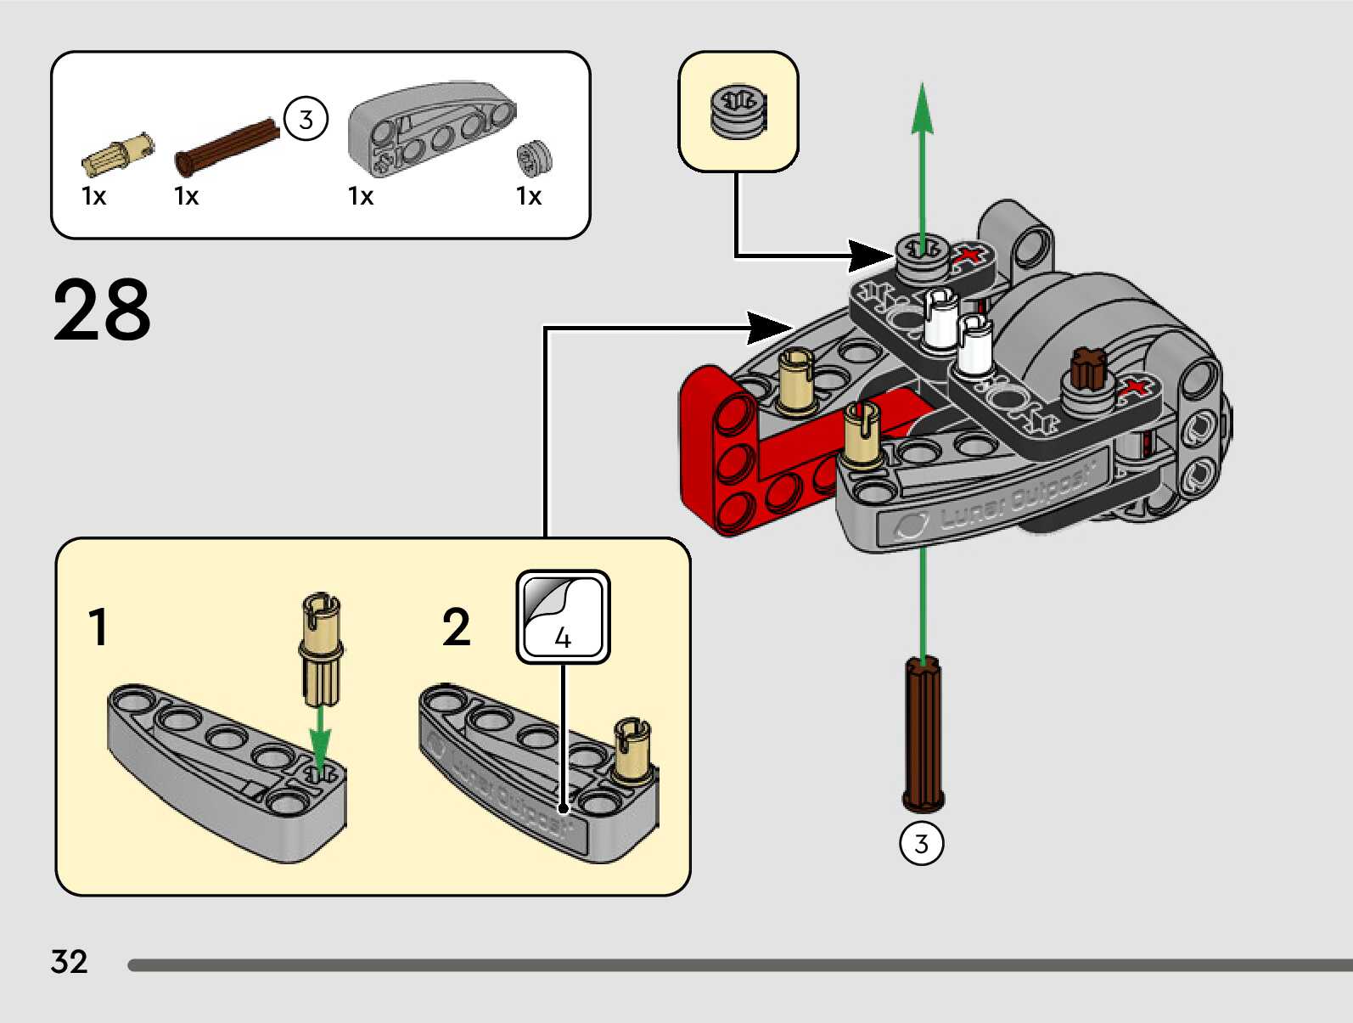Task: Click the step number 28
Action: (102, 310)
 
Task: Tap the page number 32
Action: (69, 962)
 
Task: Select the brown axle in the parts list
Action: (226, 146)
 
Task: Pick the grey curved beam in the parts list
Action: (431, 127)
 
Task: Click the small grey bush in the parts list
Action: (534, 158)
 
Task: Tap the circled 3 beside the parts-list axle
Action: (306, 119)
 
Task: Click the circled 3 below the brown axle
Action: (921, 844)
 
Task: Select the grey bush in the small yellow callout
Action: (738, 111)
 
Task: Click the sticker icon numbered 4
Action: (563, 616)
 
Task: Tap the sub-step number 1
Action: (98, 627)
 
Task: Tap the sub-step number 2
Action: (456, 627)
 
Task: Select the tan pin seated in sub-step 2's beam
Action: (632, 750)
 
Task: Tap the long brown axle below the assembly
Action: (923, 734)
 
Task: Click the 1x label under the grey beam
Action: (361, 196)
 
